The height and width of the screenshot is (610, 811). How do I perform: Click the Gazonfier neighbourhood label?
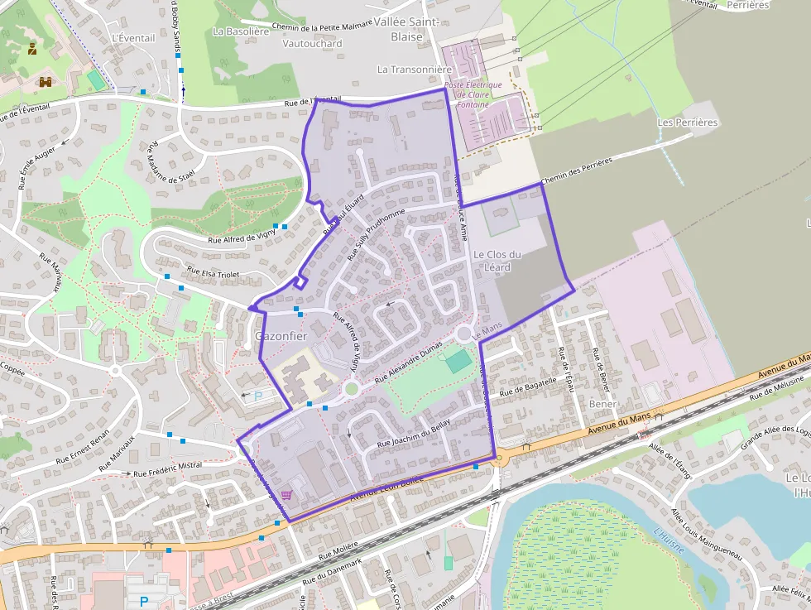281,337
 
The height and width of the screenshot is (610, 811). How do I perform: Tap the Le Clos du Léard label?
497,261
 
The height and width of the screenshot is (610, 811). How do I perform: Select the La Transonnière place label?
415,70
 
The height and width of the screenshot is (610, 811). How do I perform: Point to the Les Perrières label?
687,122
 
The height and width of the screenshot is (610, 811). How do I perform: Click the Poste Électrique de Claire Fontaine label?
473,94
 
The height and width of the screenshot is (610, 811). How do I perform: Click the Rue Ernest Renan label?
83,448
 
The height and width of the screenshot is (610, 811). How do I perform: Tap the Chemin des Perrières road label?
577,171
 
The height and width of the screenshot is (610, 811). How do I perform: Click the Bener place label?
603,404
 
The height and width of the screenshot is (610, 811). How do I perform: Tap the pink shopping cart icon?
286,495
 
